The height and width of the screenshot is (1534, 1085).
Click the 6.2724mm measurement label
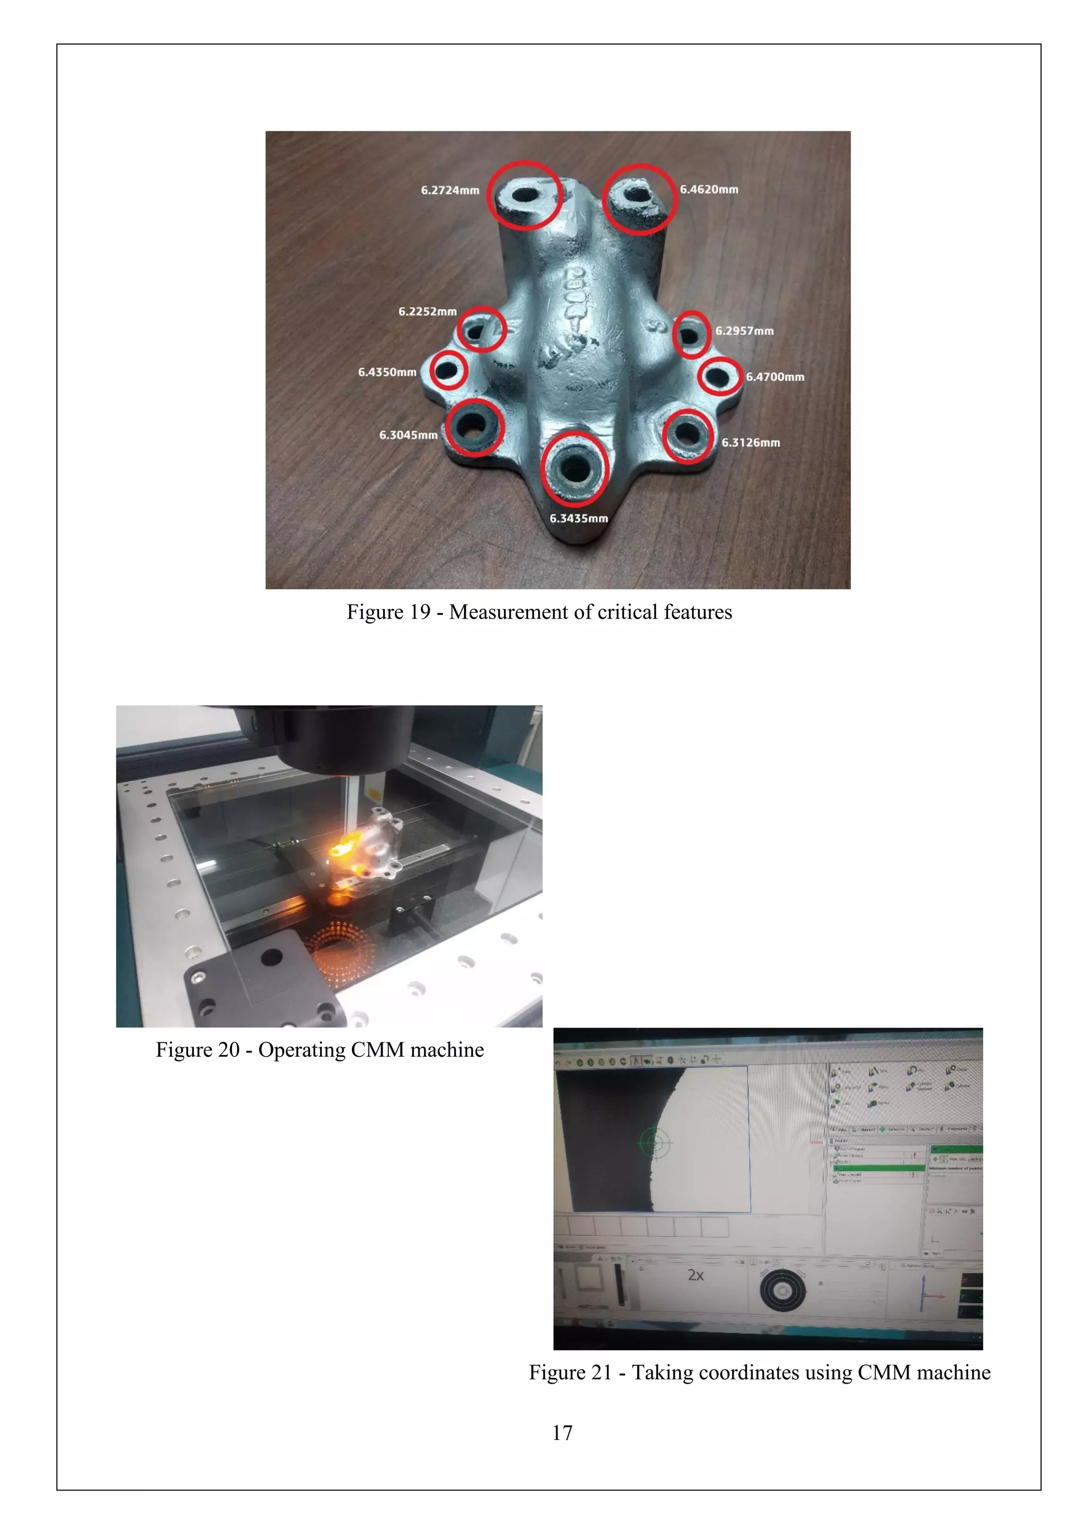point(450,190)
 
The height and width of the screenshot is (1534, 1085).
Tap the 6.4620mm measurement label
point(709,190)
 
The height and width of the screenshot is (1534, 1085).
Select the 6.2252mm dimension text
point(428,311)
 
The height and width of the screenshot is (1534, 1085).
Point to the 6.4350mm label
point(387,372)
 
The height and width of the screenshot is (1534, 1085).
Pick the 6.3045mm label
point(408,435)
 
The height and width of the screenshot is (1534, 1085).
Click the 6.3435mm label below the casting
point(579,519)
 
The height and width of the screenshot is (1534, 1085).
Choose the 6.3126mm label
point(750,442)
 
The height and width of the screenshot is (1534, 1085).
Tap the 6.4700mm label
point(775,377)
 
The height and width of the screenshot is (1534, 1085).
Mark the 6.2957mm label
point(744,331)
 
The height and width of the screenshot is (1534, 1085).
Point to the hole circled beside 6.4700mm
point(719,376)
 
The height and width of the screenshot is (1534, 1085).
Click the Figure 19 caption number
point(417,612)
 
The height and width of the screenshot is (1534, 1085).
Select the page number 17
point(562,1432)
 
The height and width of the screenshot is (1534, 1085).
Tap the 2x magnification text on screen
point(696,1275)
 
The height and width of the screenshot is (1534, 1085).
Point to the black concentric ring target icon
point(782,1289)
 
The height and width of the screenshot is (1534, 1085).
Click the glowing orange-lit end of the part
point(340,850)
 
